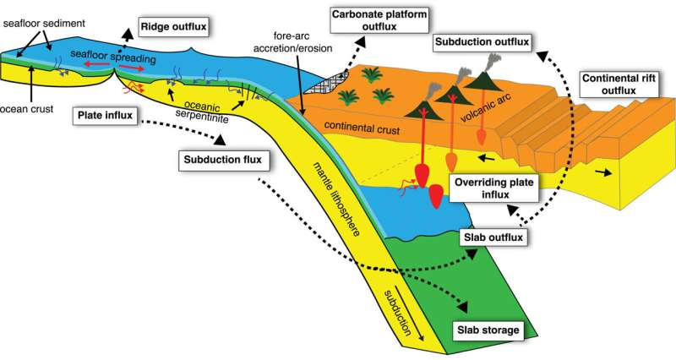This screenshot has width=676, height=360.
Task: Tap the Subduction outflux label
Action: pyautogui.click(x=481, y=41)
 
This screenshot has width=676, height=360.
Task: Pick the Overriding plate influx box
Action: pyautogui.click(x=493, y=189)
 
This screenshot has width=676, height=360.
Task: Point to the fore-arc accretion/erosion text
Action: pyautogui.click(x=293, y=42)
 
